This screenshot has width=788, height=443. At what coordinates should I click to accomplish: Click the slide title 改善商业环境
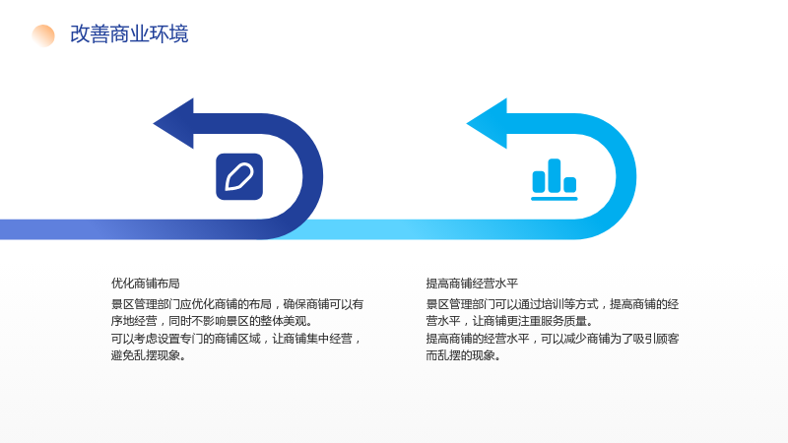pyautogui.click(x=129, y=34)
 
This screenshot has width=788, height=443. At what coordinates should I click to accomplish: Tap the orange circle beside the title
pyautogui.click(x=43, y=35)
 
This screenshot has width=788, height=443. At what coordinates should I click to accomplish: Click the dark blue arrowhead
pyautogui.click(x=173, y=124)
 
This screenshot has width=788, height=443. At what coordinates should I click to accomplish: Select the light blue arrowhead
pyautogui.click(x=487, y=124)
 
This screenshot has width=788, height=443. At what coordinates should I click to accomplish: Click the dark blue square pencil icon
pyautogui.click(x=239, y=177)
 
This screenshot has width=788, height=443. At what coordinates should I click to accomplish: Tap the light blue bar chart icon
pyautogui.click(x=555, y=180)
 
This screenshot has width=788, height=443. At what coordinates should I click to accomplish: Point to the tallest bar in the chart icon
pyautogui.click(x=555, y=175)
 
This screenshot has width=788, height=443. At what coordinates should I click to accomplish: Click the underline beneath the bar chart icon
pyautogui.click(x=555, y=199)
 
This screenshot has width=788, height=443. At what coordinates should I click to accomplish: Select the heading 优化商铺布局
pyautogui.click(x=145, y=284)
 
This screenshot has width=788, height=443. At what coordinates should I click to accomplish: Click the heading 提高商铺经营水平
pyautogui.click(x=472, y=284)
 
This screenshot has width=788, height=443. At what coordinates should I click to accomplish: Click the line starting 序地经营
pyautogui.click(x=211, y=321)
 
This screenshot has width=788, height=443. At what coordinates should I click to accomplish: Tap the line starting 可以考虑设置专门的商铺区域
pyautogui.click(x=236, y=339)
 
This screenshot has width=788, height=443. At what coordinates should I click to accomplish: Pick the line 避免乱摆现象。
pyautogui.click(x=149, y=355)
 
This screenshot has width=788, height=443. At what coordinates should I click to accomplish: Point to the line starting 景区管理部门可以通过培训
pyautogui.click(x=553, y=304)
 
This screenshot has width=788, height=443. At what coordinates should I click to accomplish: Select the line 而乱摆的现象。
pyautogui.click(x=463, y=355)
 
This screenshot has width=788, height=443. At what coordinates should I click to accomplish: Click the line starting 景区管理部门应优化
pyautogui.click(x=237, y=304)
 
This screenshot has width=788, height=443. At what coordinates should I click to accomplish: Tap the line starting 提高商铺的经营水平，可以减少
pyautogui.click(x=553, y=339)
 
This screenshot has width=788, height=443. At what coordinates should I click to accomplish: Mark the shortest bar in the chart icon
pyautogui.click(x=570, y=184)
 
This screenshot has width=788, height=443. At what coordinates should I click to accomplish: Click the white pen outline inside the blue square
pyautogui.click(x=239, y=177)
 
